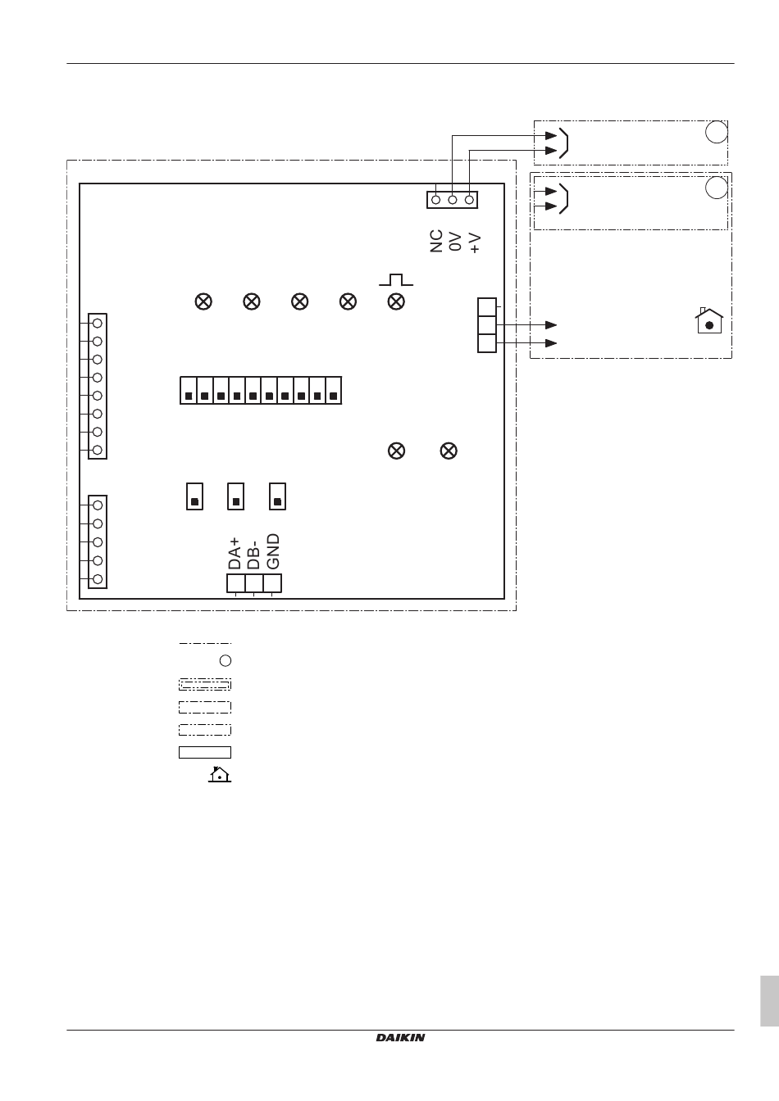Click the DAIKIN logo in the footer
tap(400, 1038)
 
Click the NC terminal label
tap(437, 241)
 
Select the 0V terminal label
tap(456, 241)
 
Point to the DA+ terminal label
tap(235, 553)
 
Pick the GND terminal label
tap(274, 551)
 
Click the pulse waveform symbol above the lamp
tap(396, 280)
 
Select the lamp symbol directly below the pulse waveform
tap(396, 301)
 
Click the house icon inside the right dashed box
tap(708, 320)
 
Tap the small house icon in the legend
tap(220, 774)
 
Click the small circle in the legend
tap(226, 660)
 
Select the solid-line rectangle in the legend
tap(205, 752)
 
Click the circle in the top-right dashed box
tap(717, 132)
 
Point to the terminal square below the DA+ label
tap(236, 582)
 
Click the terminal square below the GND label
tap(272, 582)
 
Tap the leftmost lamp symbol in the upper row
tap(203, 301)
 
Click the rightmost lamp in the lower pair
tap(449, 451)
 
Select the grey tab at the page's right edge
tap(768, 1000)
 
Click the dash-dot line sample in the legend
tap(205, 643)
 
